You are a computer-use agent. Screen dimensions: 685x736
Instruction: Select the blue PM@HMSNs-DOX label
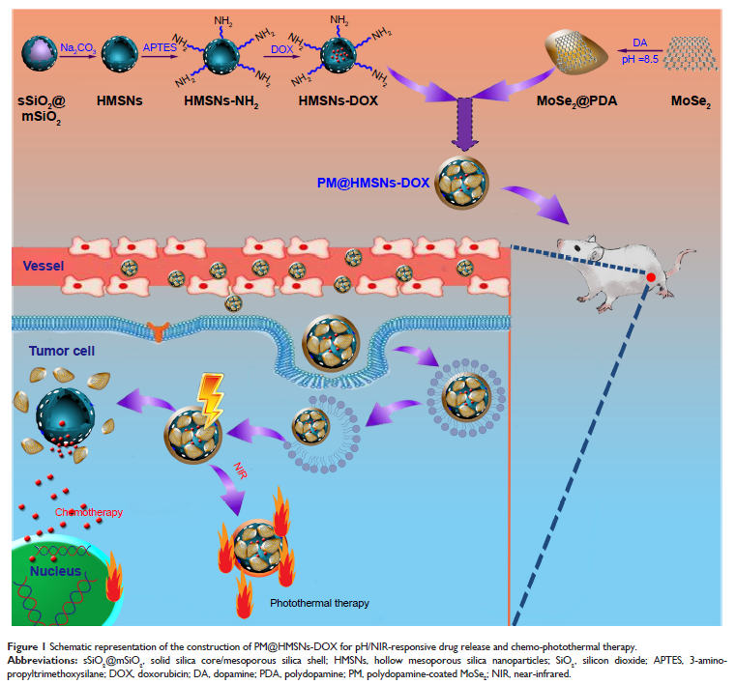[371, 182]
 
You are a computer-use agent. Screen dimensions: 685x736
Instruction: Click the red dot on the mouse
[653, 279]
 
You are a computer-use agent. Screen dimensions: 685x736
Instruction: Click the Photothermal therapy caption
[319, 604]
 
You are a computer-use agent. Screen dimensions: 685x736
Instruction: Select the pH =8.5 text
[634, 59]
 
